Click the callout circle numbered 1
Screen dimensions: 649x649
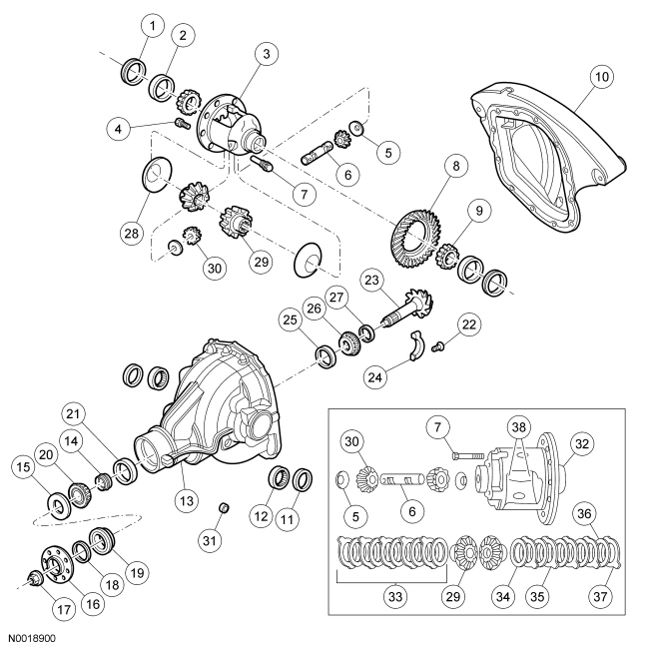coord(152,23)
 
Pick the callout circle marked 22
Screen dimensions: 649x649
coord(469,324)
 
